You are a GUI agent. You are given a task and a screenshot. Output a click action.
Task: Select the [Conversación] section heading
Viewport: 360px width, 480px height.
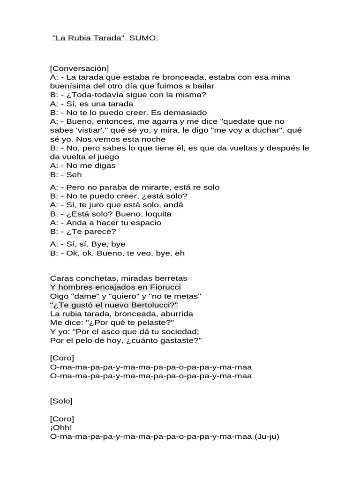[79, 68]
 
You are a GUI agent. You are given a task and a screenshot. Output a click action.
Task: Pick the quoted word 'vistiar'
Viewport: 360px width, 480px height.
[91, 130]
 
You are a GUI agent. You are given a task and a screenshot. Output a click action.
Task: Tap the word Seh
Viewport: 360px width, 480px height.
[74, 174]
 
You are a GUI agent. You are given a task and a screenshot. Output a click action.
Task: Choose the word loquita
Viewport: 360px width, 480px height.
[155, 214]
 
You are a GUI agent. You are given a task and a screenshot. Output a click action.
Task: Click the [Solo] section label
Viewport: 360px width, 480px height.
[61, 401]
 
